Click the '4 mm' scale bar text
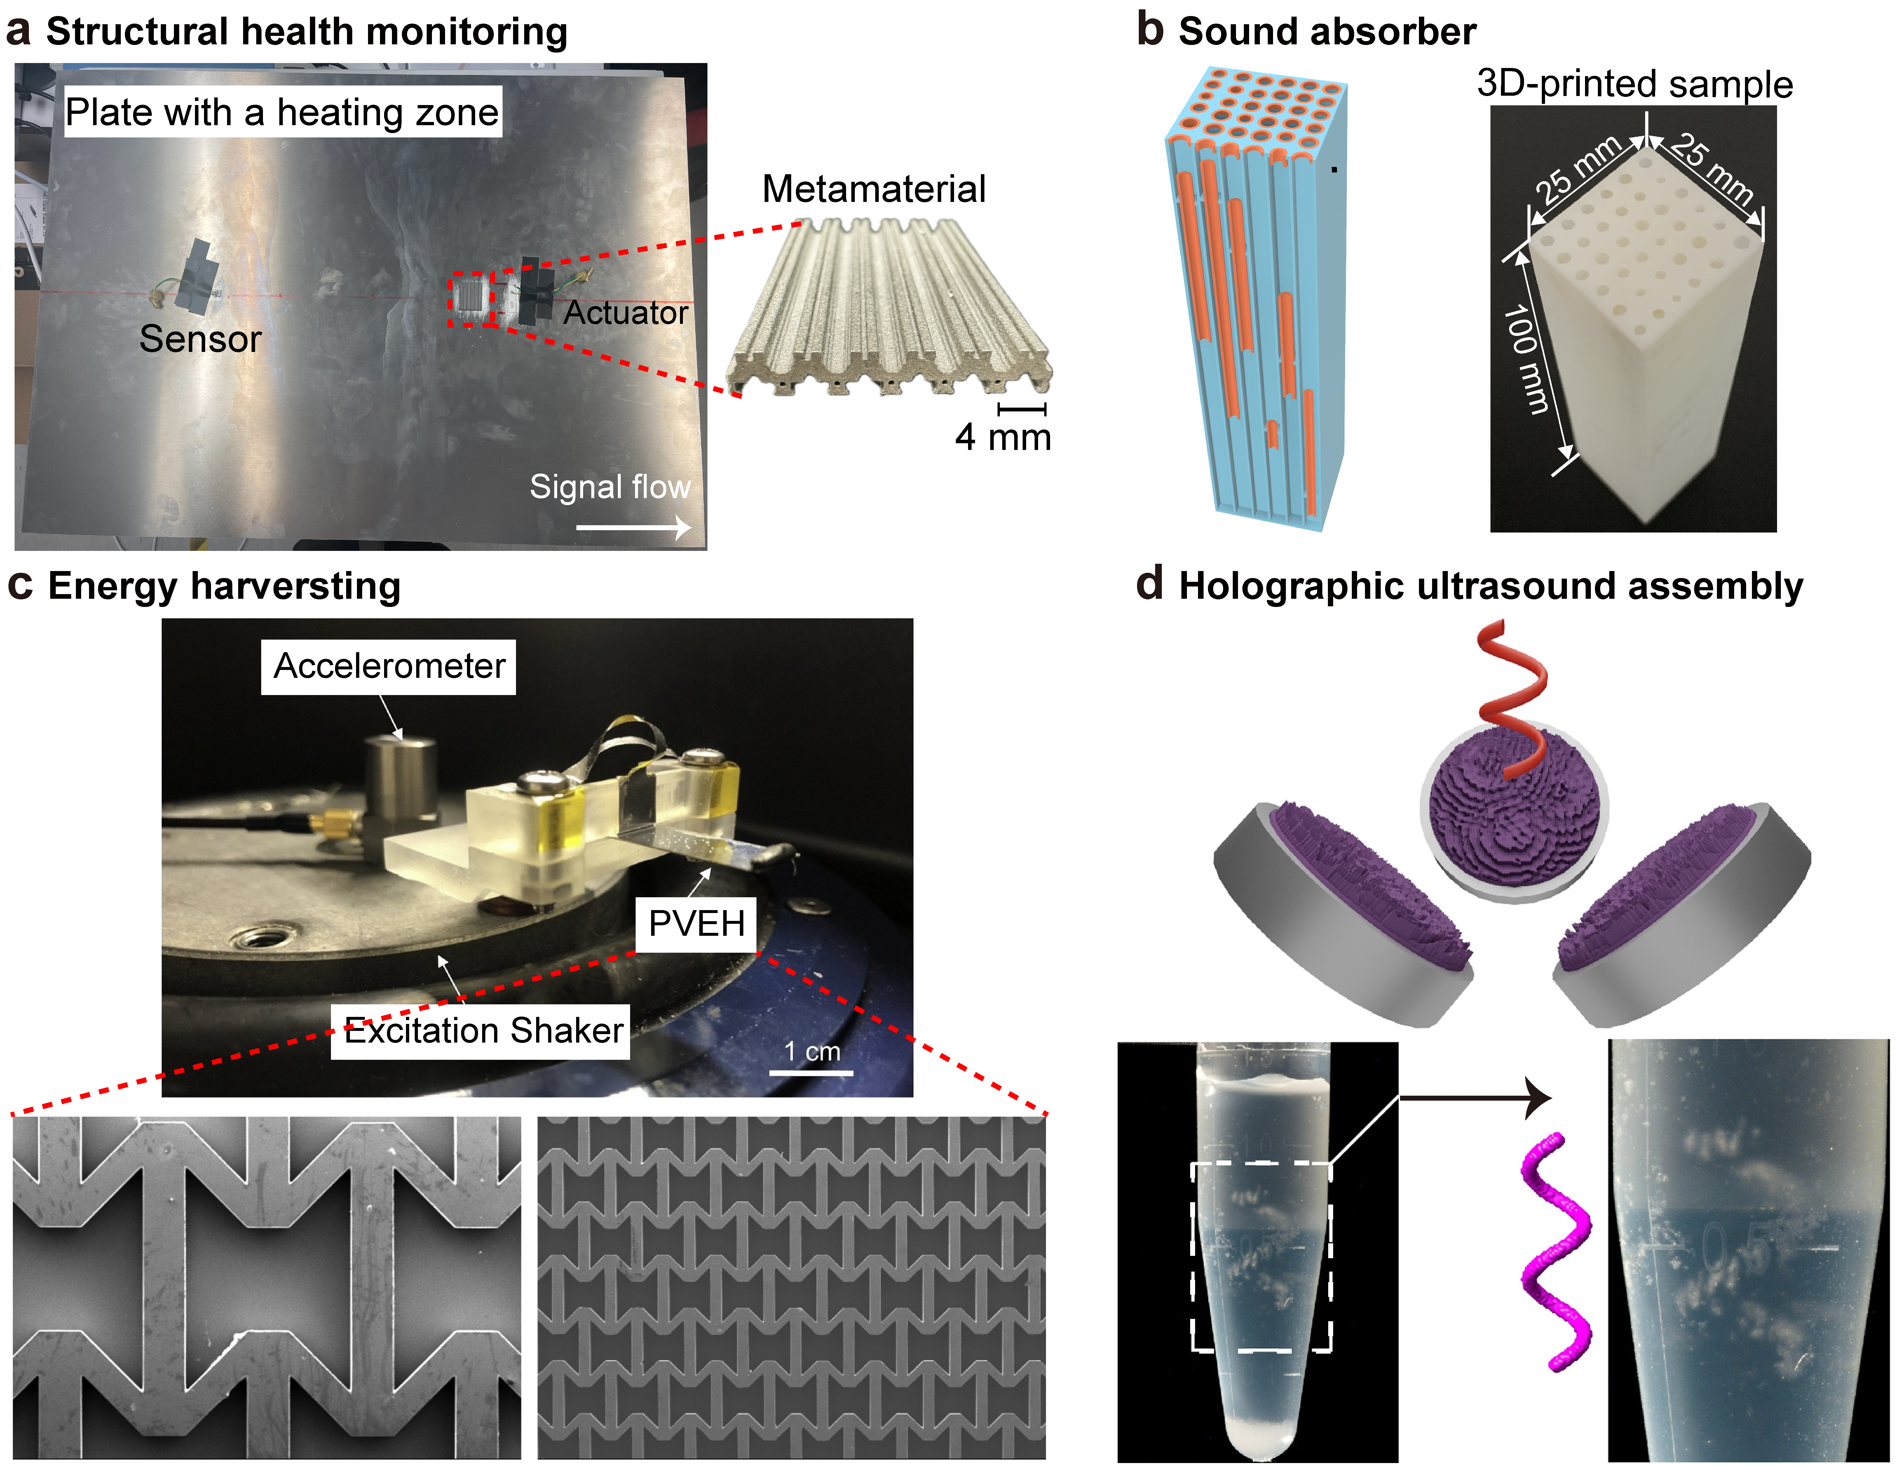click(1003, 437)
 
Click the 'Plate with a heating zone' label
click(282, 112)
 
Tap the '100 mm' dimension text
click(1526, 358)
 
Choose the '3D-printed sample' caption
click(1635, 84)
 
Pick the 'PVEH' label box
click(697, 923)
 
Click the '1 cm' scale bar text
click(812, 1052)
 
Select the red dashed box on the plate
click(472, 300)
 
